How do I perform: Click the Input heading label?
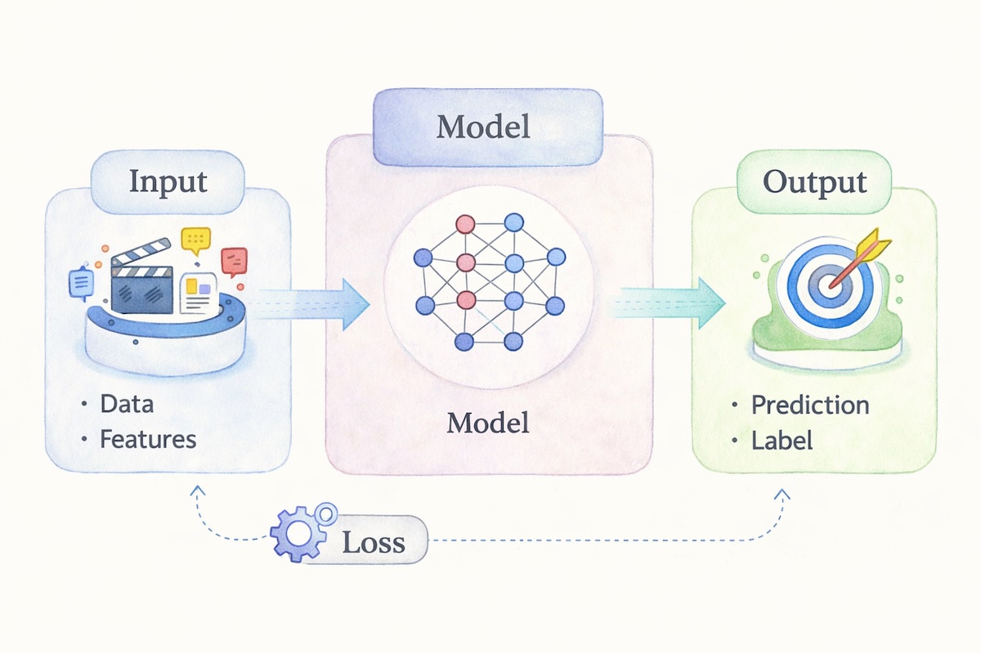coord(168,182)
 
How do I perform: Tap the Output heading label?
coord(815,182)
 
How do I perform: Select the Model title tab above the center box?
coord(482,127)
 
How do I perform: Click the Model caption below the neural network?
coord(488,423)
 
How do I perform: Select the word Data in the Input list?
coord(127,403)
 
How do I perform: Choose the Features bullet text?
coord(148,439)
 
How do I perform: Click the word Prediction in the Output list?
coord(810,405)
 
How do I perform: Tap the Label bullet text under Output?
coord(782,441)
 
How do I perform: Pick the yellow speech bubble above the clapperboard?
coord(196,239)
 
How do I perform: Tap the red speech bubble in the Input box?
coord(234,262)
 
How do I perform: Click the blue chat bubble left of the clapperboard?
coord(80,283)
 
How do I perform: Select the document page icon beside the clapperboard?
coord(199,294)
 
